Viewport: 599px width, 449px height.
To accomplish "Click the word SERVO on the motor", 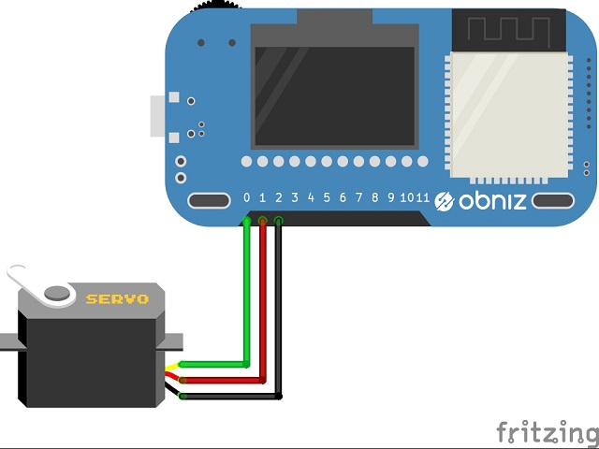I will [117, 299].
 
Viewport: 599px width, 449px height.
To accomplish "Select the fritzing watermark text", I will [547, 431].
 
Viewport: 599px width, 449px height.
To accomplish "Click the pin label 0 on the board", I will [247, 197].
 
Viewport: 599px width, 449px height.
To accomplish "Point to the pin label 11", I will [423, 197].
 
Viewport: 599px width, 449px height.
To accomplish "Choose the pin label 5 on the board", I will [327, 197].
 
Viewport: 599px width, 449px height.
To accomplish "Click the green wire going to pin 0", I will [246, 299].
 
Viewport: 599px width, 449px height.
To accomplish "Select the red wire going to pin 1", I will [263, 309].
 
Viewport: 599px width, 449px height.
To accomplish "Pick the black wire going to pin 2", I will [279, 318].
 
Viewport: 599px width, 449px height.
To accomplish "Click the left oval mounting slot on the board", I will [209, 200].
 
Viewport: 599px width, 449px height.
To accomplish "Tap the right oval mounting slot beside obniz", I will [553, 200].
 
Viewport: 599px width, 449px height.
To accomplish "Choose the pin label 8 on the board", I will [374, 197].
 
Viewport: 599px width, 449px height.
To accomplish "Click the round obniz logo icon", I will [445, 201].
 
